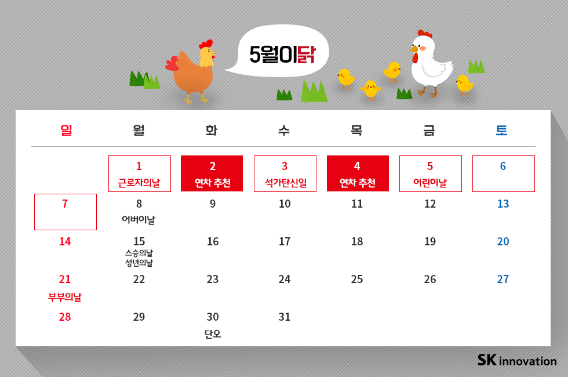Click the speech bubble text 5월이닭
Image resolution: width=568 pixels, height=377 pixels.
282,54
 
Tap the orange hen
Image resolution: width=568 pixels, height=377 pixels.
193,72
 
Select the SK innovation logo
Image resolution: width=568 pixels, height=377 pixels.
517,360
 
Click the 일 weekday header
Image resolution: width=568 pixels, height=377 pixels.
66,130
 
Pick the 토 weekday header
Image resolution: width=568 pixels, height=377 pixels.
501,130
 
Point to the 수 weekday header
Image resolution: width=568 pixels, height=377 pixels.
283,130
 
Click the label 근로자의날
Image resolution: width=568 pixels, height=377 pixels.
139,183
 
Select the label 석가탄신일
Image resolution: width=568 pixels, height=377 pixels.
285,183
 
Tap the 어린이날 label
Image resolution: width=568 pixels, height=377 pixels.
430,183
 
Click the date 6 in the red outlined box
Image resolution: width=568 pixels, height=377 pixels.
503,166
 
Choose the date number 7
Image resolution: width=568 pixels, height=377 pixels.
65,204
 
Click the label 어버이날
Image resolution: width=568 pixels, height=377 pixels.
139,220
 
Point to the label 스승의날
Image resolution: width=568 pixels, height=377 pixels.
139,253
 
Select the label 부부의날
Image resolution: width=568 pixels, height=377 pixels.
65,297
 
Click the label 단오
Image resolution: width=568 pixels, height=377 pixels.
213,334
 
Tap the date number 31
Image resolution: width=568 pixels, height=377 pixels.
285,317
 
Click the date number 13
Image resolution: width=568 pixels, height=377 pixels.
503,204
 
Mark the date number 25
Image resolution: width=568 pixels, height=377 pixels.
357,280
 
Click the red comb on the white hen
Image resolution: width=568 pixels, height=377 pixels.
425,34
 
